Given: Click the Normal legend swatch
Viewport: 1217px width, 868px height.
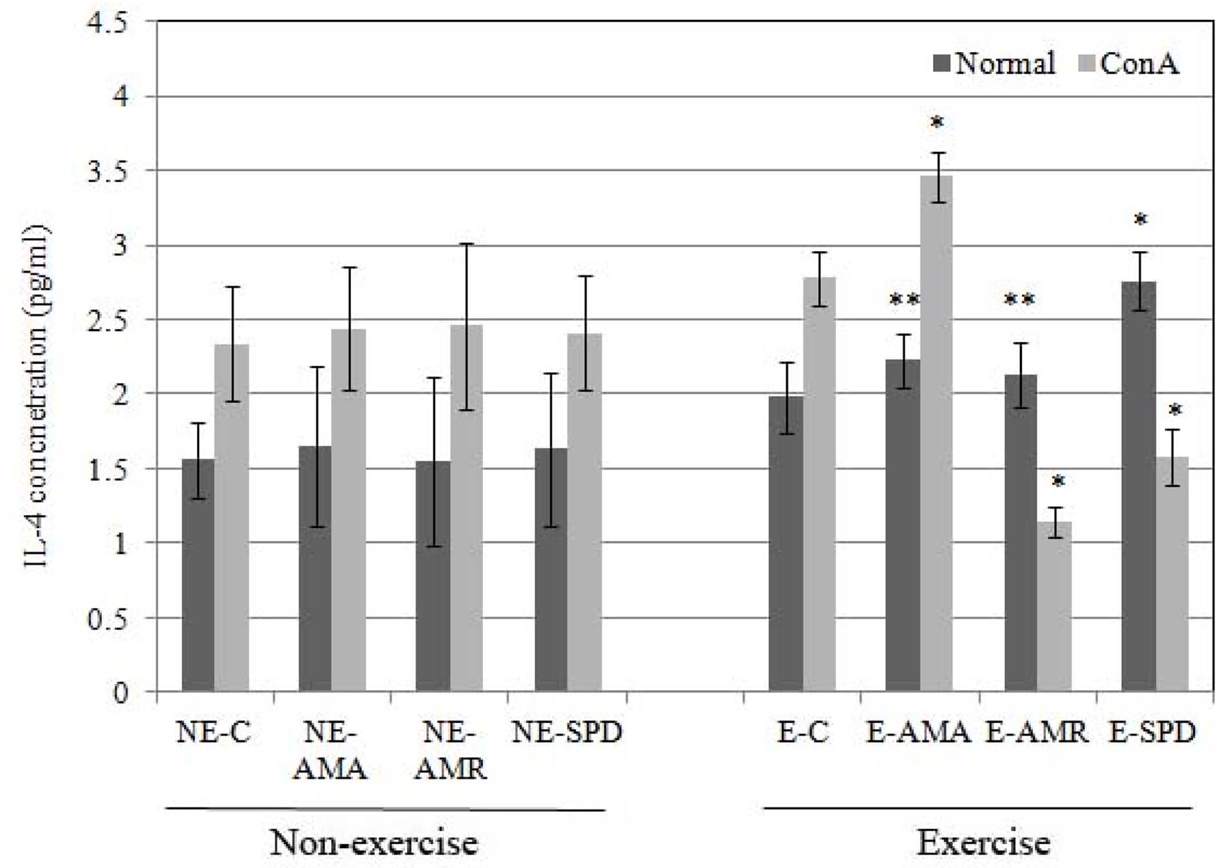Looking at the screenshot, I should (942, 63).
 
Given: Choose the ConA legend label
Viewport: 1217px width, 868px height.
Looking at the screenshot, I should (1140, 63).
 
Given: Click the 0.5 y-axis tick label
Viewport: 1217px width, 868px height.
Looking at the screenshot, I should (108, 618).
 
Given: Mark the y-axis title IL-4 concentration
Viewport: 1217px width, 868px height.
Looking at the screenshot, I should (36, 395).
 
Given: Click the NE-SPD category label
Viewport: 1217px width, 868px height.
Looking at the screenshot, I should (567, 732).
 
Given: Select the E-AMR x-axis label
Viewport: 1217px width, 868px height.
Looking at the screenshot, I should (1037, 732).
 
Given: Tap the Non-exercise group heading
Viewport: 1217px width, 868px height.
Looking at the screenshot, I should (373, 842).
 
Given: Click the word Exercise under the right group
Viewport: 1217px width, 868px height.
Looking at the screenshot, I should (983, 842).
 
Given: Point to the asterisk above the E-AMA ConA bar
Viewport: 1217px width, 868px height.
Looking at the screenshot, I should (938, 122).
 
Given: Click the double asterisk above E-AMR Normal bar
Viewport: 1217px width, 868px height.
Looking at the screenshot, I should (1020, 300).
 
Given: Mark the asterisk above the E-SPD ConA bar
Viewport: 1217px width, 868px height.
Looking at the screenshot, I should (1175, 410).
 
